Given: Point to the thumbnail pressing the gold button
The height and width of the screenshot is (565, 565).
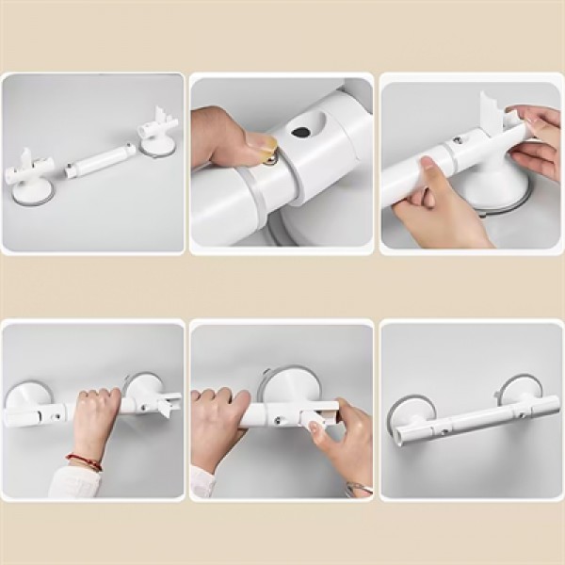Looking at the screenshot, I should (x=260, y=140).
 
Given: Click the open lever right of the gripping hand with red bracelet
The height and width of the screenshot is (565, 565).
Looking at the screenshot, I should (x=166, y=404).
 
